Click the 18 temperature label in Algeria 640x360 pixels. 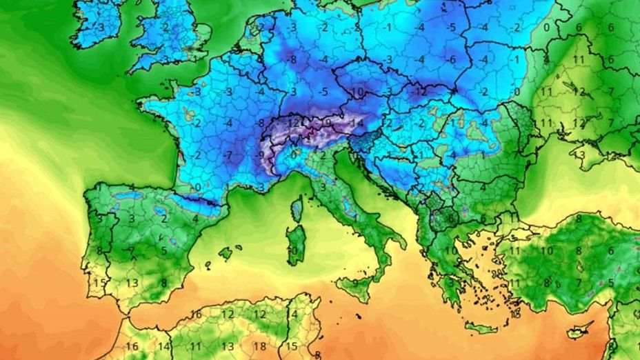tap(260, 346)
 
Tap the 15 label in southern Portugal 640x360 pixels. tap(99, 283)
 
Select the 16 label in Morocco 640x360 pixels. tap(132, 346)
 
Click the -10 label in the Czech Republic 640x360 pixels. tap(357, 92)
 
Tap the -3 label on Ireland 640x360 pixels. tap(101, 27)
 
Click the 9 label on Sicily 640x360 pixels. tap(356, 282)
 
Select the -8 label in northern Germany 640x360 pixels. tap(292, 59)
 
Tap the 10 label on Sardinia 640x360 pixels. tap(292, 250)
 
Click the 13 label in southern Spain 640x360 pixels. tap(132, 283)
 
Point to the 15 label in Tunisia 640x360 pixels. tap(292, 346)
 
